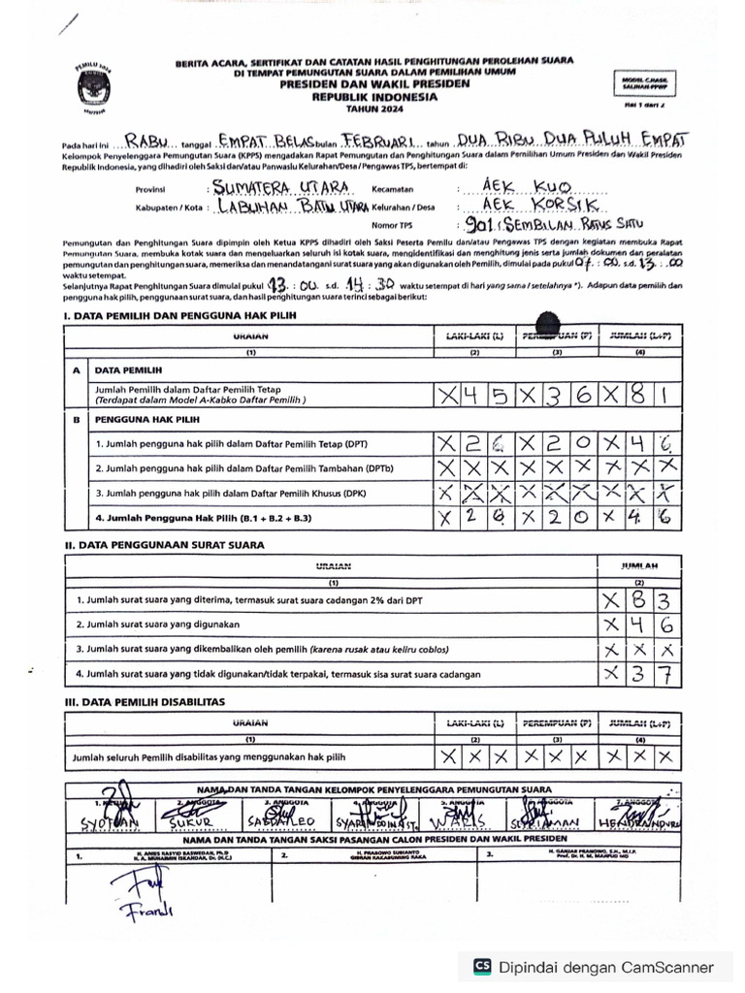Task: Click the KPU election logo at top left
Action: pos(93,87)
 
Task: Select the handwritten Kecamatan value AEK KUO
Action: pos(527,186)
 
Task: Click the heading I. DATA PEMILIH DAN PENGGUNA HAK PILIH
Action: pos(180,316)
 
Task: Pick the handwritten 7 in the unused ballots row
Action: pos(669,674)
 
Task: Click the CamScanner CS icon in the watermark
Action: pos(481,967)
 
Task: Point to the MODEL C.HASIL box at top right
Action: pos(642,84)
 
